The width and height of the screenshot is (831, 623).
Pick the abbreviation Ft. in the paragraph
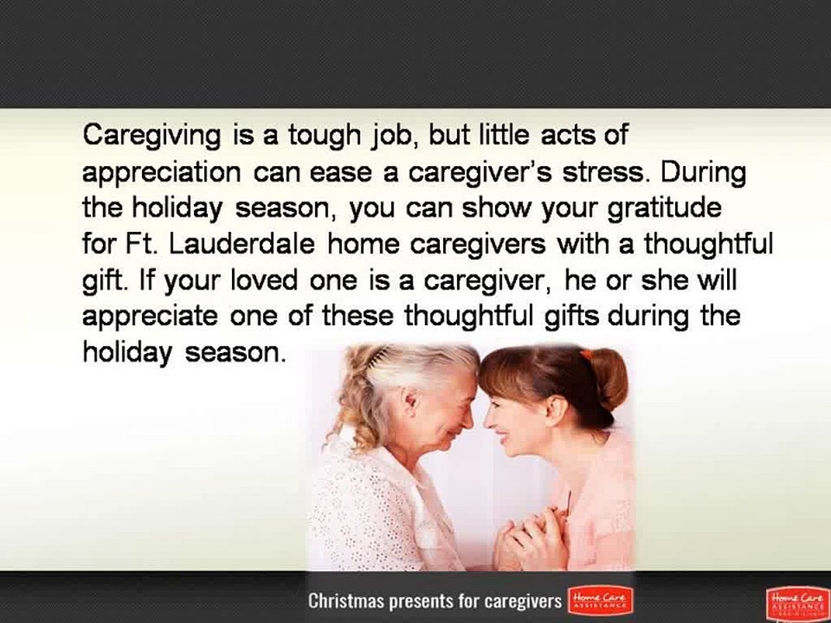[138, 245]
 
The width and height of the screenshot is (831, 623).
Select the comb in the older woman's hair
[381, 358]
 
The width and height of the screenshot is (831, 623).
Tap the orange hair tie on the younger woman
[587, 354]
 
